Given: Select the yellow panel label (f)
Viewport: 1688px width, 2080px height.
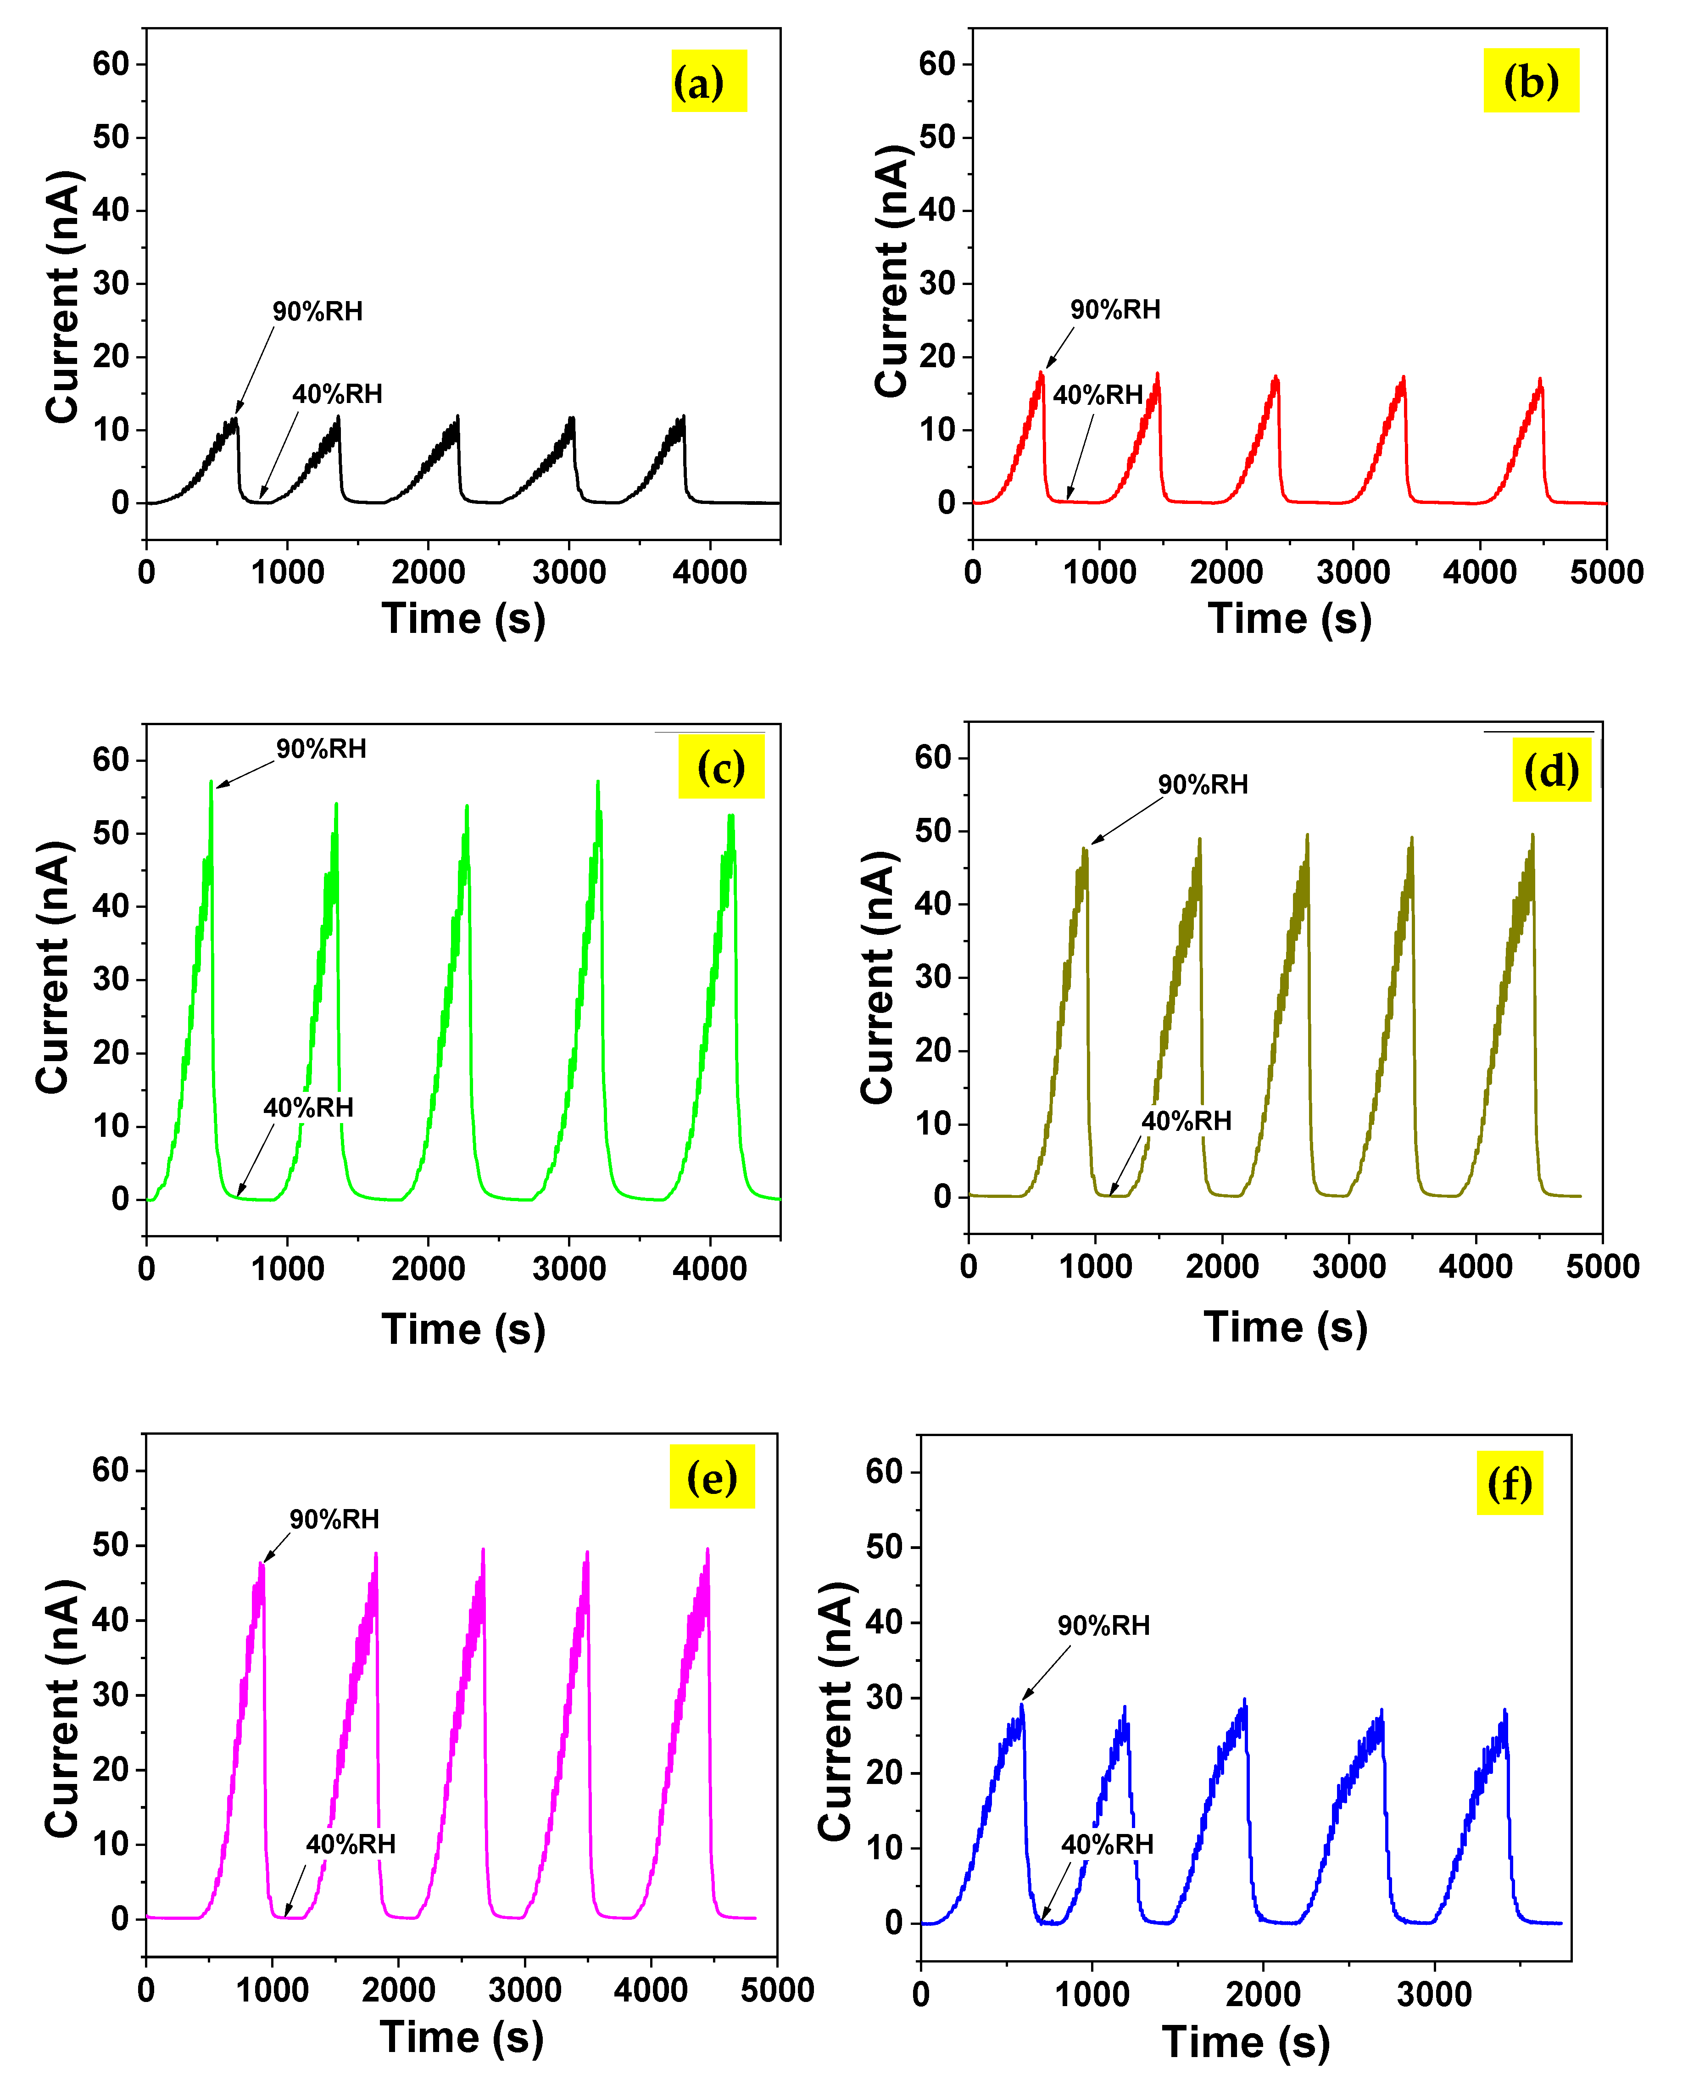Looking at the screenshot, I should click(x=1509, y=1483).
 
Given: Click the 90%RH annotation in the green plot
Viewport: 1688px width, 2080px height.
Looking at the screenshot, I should click(x=321, y=749).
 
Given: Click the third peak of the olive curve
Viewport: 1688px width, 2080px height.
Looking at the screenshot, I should click(x=1307, y=835).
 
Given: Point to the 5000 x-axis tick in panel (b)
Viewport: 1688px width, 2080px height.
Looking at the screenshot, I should click(x=1605, y=572).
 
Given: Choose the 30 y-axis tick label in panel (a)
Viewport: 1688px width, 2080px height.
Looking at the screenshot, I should click(x=111, y=283).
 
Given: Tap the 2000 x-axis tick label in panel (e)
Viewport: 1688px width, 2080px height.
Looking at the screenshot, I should click(x=399, y=1991).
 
